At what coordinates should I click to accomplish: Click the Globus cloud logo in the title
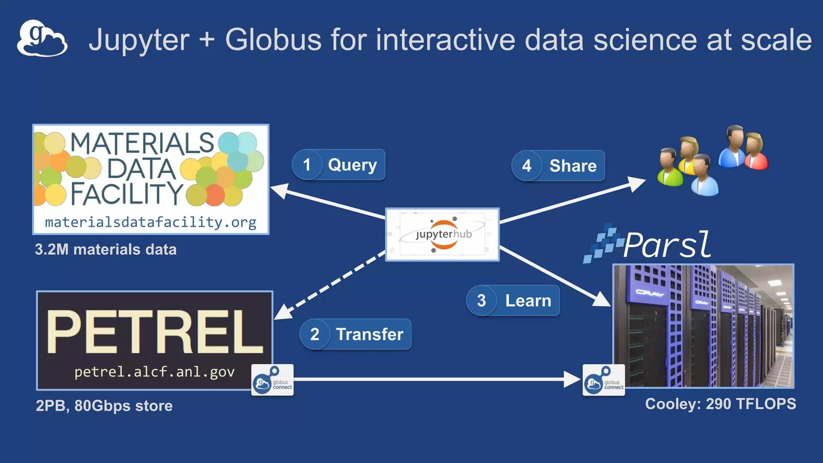(42, 38)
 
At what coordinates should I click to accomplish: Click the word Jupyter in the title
(139, 40)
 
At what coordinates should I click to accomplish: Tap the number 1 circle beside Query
(307, 165)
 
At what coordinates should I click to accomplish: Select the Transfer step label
(369, 334)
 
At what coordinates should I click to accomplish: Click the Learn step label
(528, 301)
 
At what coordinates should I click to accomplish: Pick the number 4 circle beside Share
(526, 166)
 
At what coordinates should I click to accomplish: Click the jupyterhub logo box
(442, 235)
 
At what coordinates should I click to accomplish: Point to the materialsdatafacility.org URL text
(151, 222)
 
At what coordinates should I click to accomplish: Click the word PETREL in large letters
(154, 332)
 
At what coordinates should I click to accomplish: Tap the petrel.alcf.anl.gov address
(154, 372)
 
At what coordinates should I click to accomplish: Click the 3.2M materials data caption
(106, 250)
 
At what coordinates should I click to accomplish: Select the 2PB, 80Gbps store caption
(104, 406)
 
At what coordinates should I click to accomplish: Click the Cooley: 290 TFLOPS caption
(720, 404)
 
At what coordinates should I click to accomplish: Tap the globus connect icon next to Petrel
(272, 380)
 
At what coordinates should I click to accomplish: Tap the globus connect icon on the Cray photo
(604, 380)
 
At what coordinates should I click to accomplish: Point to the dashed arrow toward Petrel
(330, 285)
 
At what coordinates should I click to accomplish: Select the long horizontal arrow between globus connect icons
(434, 379)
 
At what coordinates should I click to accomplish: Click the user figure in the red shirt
(755, 153)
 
